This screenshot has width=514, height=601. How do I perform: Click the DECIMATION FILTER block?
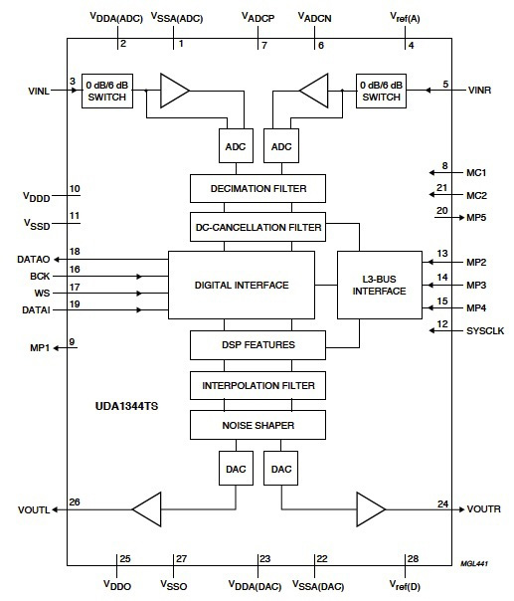coord(257,188)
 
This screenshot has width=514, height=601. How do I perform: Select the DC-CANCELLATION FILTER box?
coord(257,227)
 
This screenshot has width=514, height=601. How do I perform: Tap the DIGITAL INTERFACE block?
coord(241,285)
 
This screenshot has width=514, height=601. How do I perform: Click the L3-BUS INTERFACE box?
coord(379,284)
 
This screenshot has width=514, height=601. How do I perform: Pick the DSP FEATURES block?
coord(257,344)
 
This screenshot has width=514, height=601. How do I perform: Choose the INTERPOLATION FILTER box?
coord(257,384)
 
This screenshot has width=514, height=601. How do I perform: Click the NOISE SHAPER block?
coord(257,425)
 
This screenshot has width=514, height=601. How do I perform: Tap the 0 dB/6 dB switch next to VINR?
coord(382,91)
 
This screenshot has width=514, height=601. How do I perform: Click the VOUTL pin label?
coord(34,509)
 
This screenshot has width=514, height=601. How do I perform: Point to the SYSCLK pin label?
coord(485,330)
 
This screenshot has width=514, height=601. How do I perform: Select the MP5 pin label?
coord(476,217)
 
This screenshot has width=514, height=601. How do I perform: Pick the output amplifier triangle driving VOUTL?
coord(146,508)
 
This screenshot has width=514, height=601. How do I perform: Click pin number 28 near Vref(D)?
coord(412,558)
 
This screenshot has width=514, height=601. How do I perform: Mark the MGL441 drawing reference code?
coord(472,563)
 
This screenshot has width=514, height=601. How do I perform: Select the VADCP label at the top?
coord(258,17)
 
